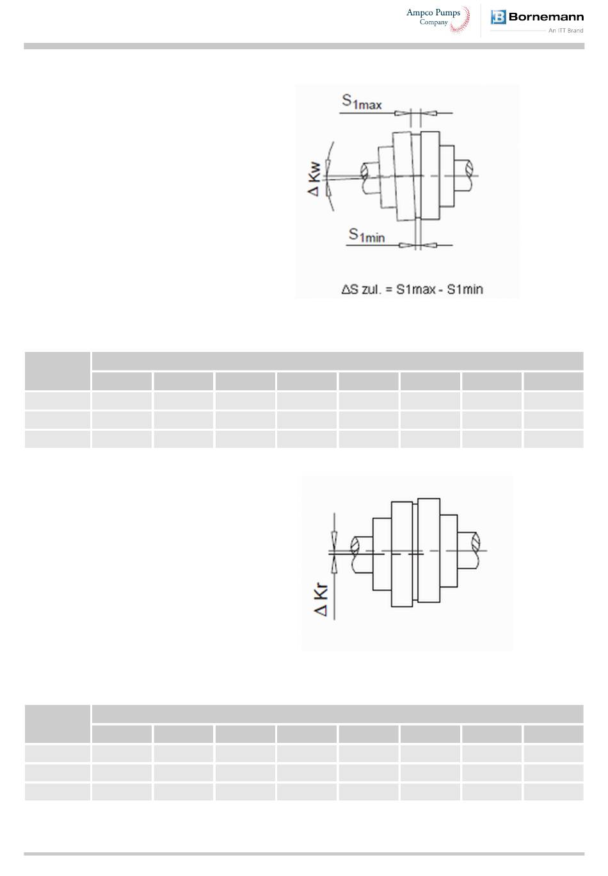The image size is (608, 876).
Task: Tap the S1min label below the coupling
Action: (x=367, y=235)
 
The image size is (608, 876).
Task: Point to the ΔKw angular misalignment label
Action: (x=314, y=179)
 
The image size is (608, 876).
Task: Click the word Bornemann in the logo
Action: (x=546, y=17)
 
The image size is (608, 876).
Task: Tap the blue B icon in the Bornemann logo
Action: (x=498, y=17)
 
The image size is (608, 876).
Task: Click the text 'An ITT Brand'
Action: (x=566, y=31)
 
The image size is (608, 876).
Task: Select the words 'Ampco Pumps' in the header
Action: (x=433, y=13)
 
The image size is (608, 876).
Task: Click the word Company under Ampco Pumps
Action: (x=433, y=22)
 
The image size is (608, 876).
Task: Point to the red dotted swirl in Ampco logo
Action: (x=461, y=20)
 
